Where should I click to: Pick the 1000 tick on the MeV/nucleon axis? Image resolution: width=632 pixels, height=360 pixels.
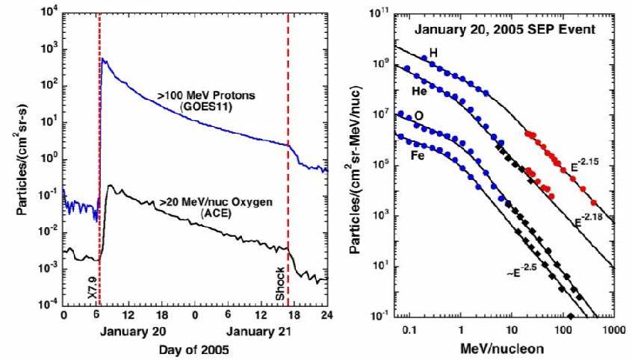(614, 330)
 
